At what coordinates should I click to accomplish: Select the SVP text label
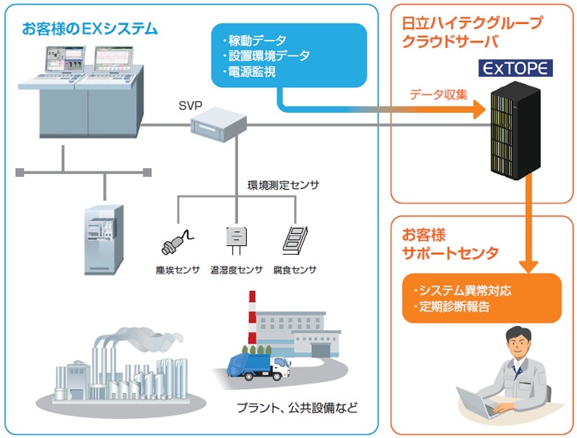[190, 104]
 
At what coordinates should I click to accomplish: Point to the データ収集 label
[438, 93]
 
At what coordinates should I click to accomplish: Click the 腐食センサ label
[294, 270]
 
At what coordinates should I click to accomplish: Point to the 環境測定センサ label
[283, 185]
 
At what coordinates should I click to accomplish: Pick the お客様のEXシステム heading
[90, 29]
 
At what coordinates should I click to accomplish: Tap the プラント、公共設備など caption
[297, 408]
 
